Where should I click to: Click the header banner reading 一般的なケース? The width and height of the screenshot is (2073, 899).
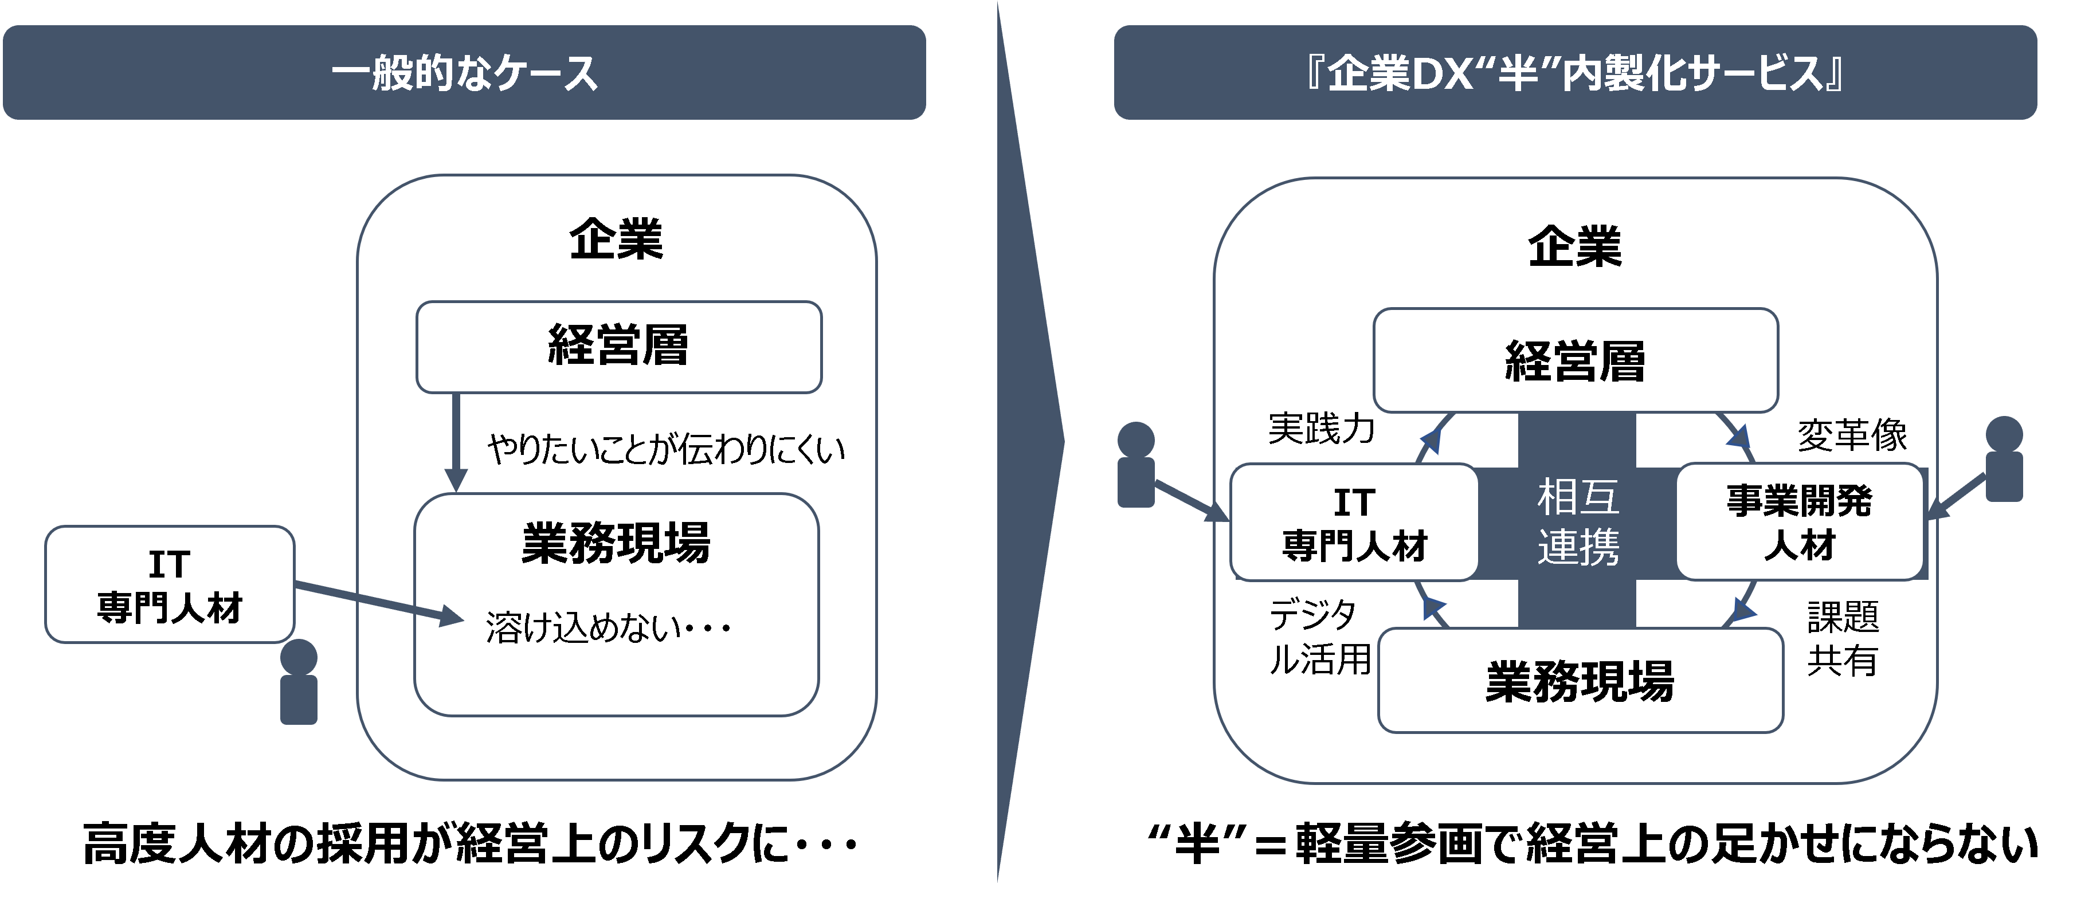464,72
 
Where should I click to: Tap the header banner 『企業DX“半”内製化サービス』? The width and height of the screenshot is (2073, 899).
1575,72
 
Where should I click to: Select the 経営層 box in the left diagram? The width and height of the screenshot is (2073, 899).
618,347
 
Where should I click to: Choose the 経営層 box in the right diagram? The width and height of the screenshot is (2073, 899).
1575,360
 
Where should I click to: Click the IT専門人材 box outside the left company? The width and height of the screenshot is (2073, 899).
170,584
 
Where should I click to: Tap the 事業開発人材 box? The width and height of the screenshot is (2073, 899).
1800,521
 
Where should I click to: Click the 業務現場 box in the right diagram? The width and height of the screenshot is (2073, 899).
1580,681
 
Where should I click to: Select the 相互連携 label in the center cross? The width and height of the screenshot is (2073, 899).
1577,521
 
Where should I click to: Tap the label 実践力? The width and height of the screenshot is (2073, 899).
1322,428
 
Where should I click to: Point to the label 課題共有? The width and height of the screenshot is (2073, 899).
1843,639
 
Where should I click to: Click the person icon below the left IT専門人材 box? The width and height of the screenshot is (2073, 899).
299,682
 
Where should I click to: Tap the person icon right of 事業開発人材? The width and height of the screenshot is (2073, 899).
2004,459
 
